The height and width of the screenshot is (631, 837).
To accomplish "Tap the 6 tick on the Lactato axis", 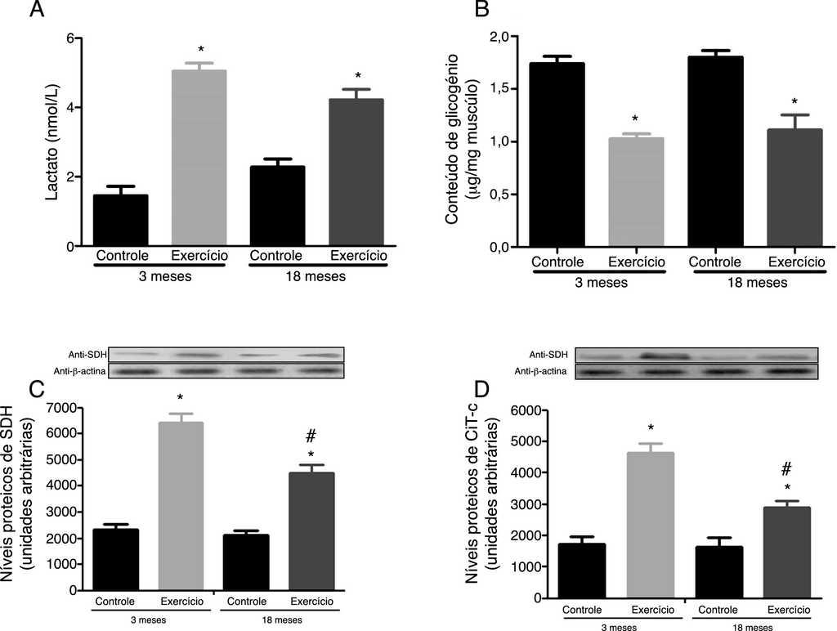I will click(x=71, y=38).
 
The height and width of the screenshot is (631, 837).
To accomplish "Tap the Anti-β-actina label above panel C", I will click(x=81, y=371).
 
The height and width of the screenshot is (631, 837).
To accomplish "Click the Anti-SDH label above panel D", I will click(x=548, y=355).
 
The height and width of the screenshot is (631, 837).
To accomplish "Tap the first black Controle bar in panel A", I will click(x=120, y=220).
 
